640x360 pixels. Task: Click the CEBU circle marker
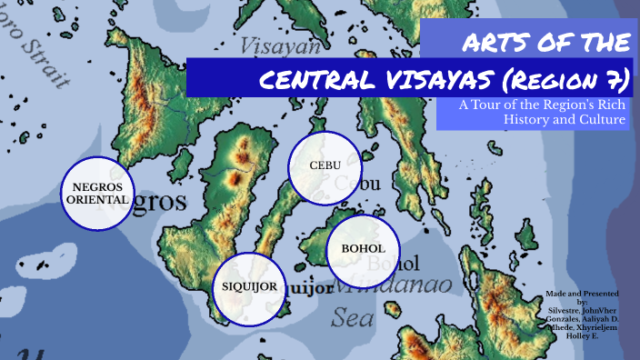(x=325, y=166)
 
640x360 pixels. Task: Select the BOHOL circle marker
(x=363, y=249)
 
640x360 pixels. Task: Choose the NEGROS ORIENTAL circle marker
(x=97, y=194)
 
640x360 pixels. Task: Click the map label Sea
(x=352, y=317)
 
